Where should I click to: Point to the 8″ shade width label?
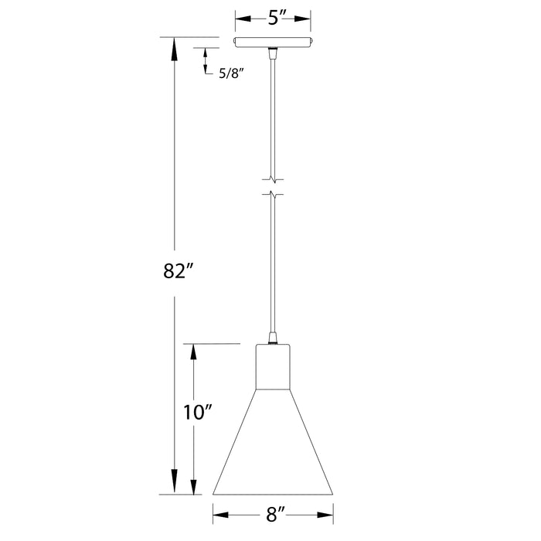tap(273, 512)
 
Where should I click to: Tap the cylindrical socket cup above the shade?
tap(273, 366)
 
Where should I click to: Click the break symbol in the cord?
tap(273, 183)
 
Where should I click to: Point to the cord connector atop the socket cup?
tap(273, 338)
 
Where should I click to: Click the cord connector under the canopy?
tap(273, 53)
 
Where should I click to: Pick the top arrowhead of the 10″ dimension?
tap(194, 352)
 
